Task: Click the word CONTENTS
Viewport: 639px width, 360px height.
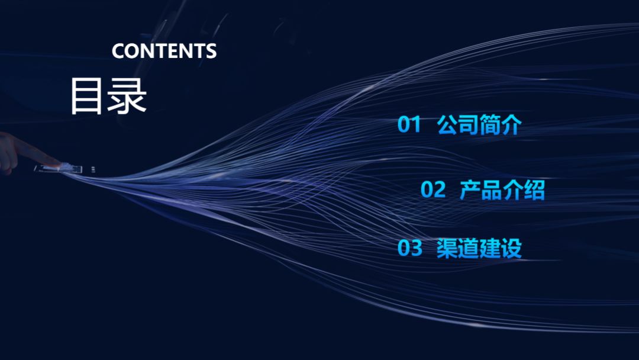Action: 164,51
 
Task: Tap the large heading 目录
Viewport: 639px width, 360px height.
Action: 108,95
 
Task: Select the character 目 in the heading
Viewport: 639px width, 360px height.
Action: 86,95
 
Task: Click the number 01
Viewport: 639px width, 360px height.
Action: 409,125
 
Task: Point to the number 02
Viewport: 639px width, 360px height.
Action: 433,190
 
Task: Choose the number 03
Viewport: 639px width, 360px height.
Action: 409,248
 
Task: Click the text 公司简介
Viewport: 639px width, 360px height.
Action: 479,125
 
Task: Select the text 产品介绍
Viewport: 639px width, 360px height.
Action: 502,190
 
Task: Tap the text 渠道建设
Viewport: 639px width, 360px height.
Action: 479,248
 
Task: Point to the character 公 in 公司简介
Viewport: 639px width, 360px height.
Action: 447,125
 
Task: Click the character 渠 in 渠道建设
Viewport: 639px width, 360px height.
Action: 447,248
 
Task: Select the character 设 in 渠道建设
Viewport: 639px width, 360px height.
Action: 511,248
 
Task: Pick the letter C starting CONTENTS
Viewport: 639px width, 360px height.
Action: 118,51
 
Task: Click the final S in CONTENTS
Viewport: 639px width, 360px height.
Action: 211,51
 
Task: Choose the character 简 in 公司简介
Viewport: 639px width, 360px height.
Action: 489,125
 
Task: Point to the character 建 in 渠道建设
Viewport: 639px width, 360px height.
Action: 490,248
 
